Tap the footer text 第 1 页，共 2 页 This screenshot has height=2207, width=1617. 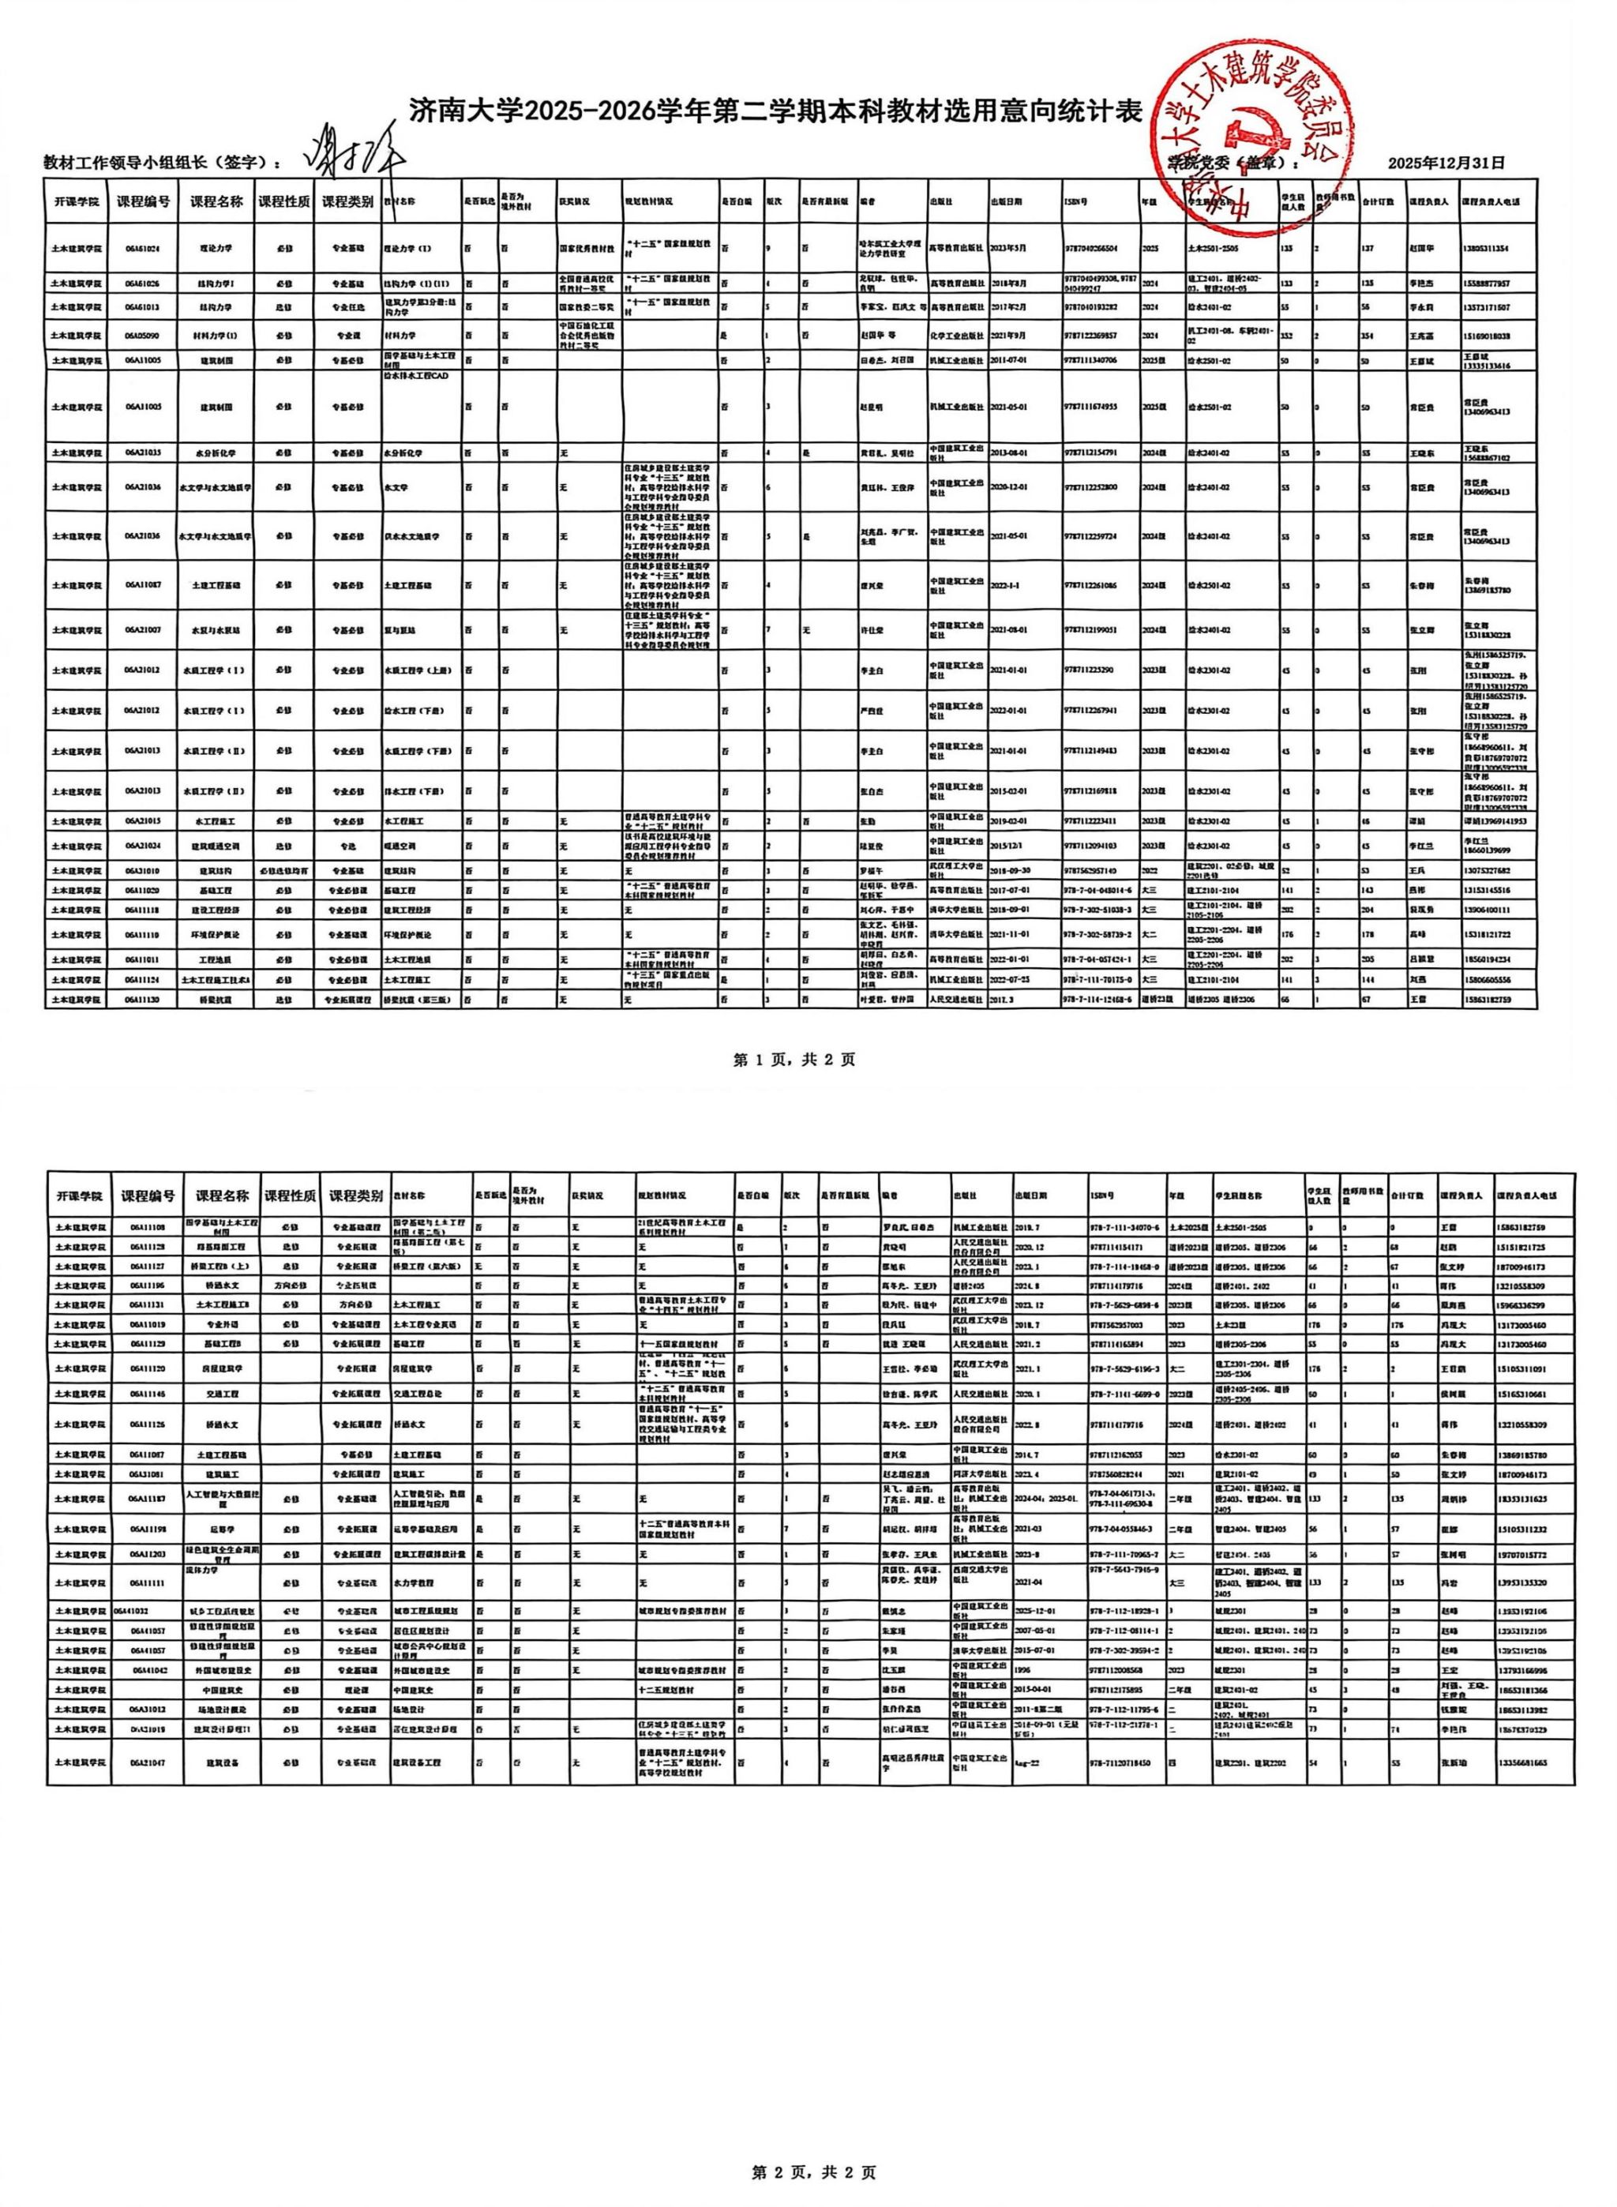pos(795,1059)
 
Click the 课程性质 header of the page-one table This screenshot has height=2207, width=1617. pos(284,201)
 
